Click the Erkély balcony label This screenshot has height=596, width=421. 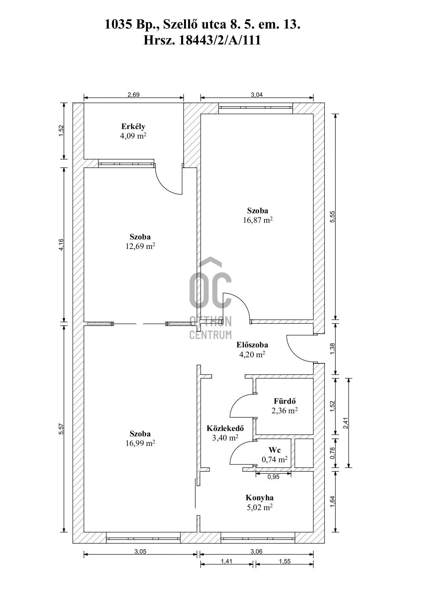click(133, 127)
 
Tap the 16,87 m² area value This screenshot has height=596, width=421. click(258, 220)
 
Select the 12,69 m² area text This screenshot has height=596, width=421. click(140, 246)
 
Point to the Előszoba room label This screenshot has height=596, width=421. click(252, 345)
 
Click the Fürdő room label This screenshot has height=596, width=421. click(285, 401)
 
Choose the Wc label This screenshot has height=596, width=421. click(275, 450)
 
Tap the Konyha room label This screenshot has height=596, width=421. click(259, 498)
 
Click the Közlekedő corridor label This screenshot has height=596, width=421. click(225, 429)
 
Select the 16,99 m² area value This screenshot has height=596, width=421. click(140, 443)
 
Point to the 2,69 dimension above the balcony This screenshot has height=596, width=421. click(133, 95)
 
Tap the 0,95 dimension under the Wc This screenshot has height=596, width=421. click(273, 477)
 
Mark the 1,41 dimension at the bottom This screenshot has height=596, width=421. click(226, 562)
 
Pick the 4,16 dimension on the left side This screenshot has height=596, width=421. click(61, 245)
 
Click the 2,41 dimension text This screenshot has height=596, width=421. click(346, 423)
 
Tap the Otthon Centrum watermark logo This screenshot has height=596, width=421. click(210, 299)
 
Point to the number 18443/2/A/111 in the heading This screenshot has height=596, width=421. click(220, 40)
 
